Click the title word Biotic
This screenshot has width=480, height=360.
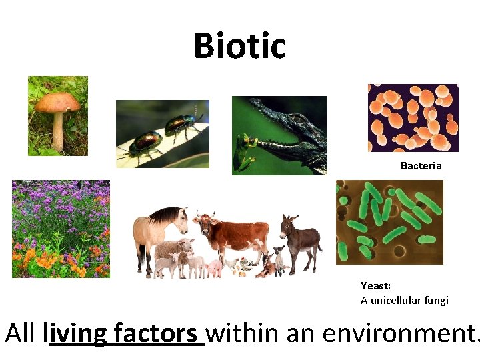pyautogui.click(x=240, y=46)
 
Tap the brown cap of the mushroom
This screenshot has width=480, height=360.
pyautogui.click(x=57, y=102)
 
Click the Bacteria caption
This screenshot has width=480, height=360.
pyautogui.click(x=421, y=165)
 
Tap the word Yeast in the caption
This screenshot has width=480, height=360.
pyautogui.click(x=375, y=285)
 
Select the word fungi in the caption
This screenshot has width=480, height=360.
pyautogui.click(x=437, y=300)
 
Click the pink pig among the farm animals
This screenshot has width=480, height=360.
pyautogui.click(x=214, y=268)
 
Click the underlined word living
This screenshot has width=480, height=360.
pyautogui.click(x=76, y=333)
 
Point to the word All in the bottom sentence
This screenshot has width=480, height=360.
pyautogui.click(x=22, y=333)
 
